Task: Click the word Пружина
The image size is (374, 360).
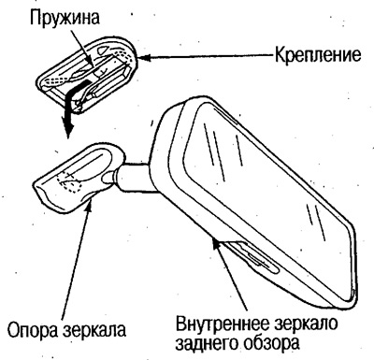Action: [x=66, y=18]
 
